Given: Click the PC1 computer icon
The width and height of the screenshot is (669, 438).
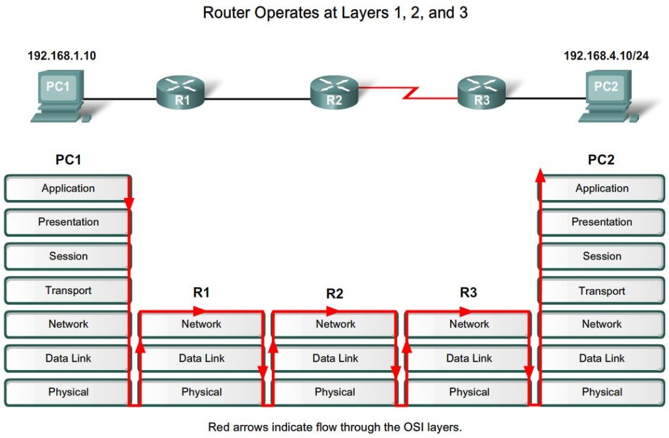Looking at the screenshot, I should tap(57, 98).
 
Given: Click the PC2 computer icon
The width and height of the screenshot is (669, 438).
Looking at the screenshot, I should tap(605, 98).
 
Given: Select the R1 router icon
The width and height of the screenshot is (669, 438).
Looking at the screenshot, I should tap(181, 92).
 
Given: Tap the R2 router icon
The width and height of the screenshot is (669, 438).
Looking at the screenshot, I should tap(334, 92).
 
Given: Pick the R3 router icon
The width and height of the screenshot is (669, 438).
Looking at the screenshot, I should tap(481, 92).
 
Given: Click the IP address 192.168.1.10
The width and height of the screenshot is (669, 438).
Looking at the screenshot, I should tap(61, 56).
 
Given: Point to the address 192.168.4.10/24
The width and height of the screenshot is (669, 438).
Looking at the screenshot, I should tap(606, 56).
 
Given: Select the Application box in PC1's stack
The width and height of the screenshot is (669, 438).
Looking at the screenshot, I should tap(68, 188).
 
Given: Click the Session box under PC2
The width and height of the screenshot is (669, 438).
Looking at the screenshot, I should tap(602, 256).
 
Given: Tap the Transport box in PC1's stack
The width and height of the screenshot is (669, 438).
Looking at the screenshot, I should tap(68, 290).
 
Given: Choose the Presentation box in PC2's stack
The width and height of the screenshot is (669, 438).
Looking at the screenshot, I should tap(602, 222).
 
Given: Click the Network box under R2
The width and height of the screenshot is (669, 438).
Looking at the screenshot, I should tap(335, 324).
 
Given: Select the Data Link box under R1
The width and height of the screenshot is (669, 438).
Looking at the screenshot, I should tap(201, 358).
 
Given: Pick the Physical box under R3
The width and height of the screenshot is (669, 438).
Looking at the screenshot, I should tap(469, 392).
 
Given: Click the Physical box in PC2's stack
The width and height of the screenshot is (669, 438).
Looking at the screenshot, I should tap(602, 392).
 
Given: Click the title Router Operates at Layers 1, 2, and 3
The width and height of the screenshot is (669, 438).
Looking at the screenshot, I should tap(335, 13).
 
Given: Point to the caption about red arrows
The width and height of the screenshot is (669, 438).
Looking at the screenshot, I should tap(334, 427).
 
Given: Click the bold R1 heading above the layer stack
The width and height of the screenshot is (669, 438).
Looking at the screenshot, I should tap(201, 292).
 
